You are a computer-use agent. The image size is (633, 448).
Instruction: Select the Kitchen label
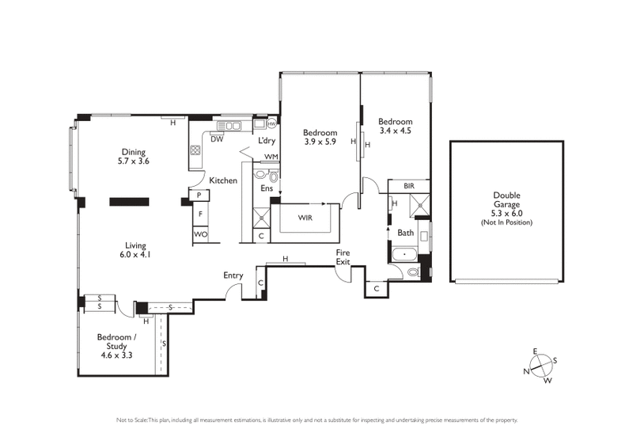pos(223,180)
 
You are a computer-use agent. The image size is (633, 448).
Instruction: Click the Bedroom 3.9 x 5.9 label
pos(320,137)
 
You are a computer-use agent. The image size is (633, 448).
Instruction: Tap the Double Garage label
pos(506,209)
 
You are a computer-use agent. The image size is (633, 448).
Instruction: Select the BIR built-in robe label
pos(408,185)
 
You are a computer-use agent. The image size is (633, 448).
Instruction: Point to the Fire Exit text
pos(343,256)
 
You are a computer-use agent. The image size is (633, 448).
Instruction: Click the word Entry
pos(233,275)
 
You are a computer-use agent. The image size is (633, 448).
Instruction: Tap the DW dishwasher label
pos(216,139)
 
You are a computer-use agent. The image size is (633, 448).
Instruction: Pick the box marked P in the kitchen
pos(199,196)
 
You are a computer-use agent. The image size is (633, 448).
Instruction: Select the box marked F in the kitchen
pos(201,215)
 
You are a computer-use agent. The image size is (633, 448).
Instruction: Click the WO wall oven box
pos(201,235)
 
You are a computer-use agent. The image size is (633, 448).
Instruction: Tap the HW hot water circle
pos(271,124)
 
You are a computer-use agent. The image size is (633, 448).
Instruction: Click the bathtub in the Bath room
pos(404,256)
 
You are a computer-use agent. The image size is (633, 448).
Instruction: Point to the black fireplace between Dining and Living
pos(129,201)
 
